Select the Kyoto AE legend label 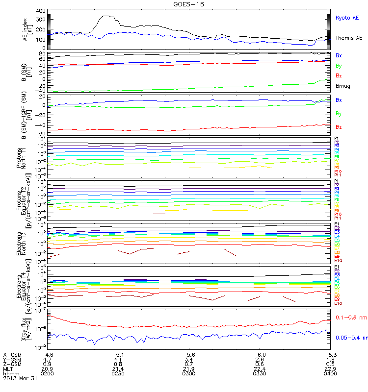pyautogui.click(x=347, y=18)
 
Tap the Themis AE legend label pyautogui.click(x=348, y=38)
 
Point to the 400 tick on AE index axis pyautogui.click(x=40, y=11)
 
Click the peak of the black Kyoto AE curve pyautogui.click(x=105, y=16)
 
